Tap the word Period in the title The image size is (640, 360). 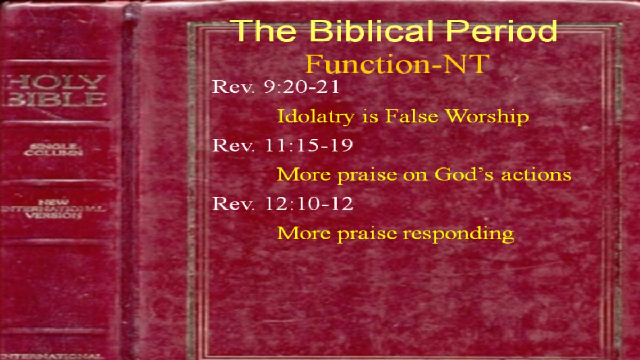[502, 30]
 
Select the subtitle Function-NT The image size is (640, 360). [397, 64]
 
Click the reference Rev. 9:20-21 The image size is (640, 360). [275, 86]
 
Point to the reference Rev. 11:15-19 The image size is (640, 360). [283, 145]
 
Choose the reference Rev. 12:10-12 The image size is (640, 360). [283, 204]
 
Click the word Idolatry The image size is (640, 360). [316, 117]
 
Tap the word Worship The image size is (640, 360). [487, 116]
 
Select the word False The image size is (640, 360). [412, 116]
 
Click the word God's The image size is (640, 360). [464, 174]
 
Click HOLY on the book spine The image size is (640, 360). [55, 82]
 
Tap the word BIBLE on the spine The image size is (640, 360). [55, 99]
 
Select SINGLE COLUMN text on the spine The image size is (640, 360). [53, 150]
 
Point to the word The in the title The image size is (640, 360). [265, 30]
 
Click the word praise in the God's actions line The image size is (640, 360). [367, 175]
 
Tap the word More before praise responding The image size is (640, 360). [303, 233]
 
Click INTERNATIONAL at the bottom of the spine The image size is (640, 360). [52, 356]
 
